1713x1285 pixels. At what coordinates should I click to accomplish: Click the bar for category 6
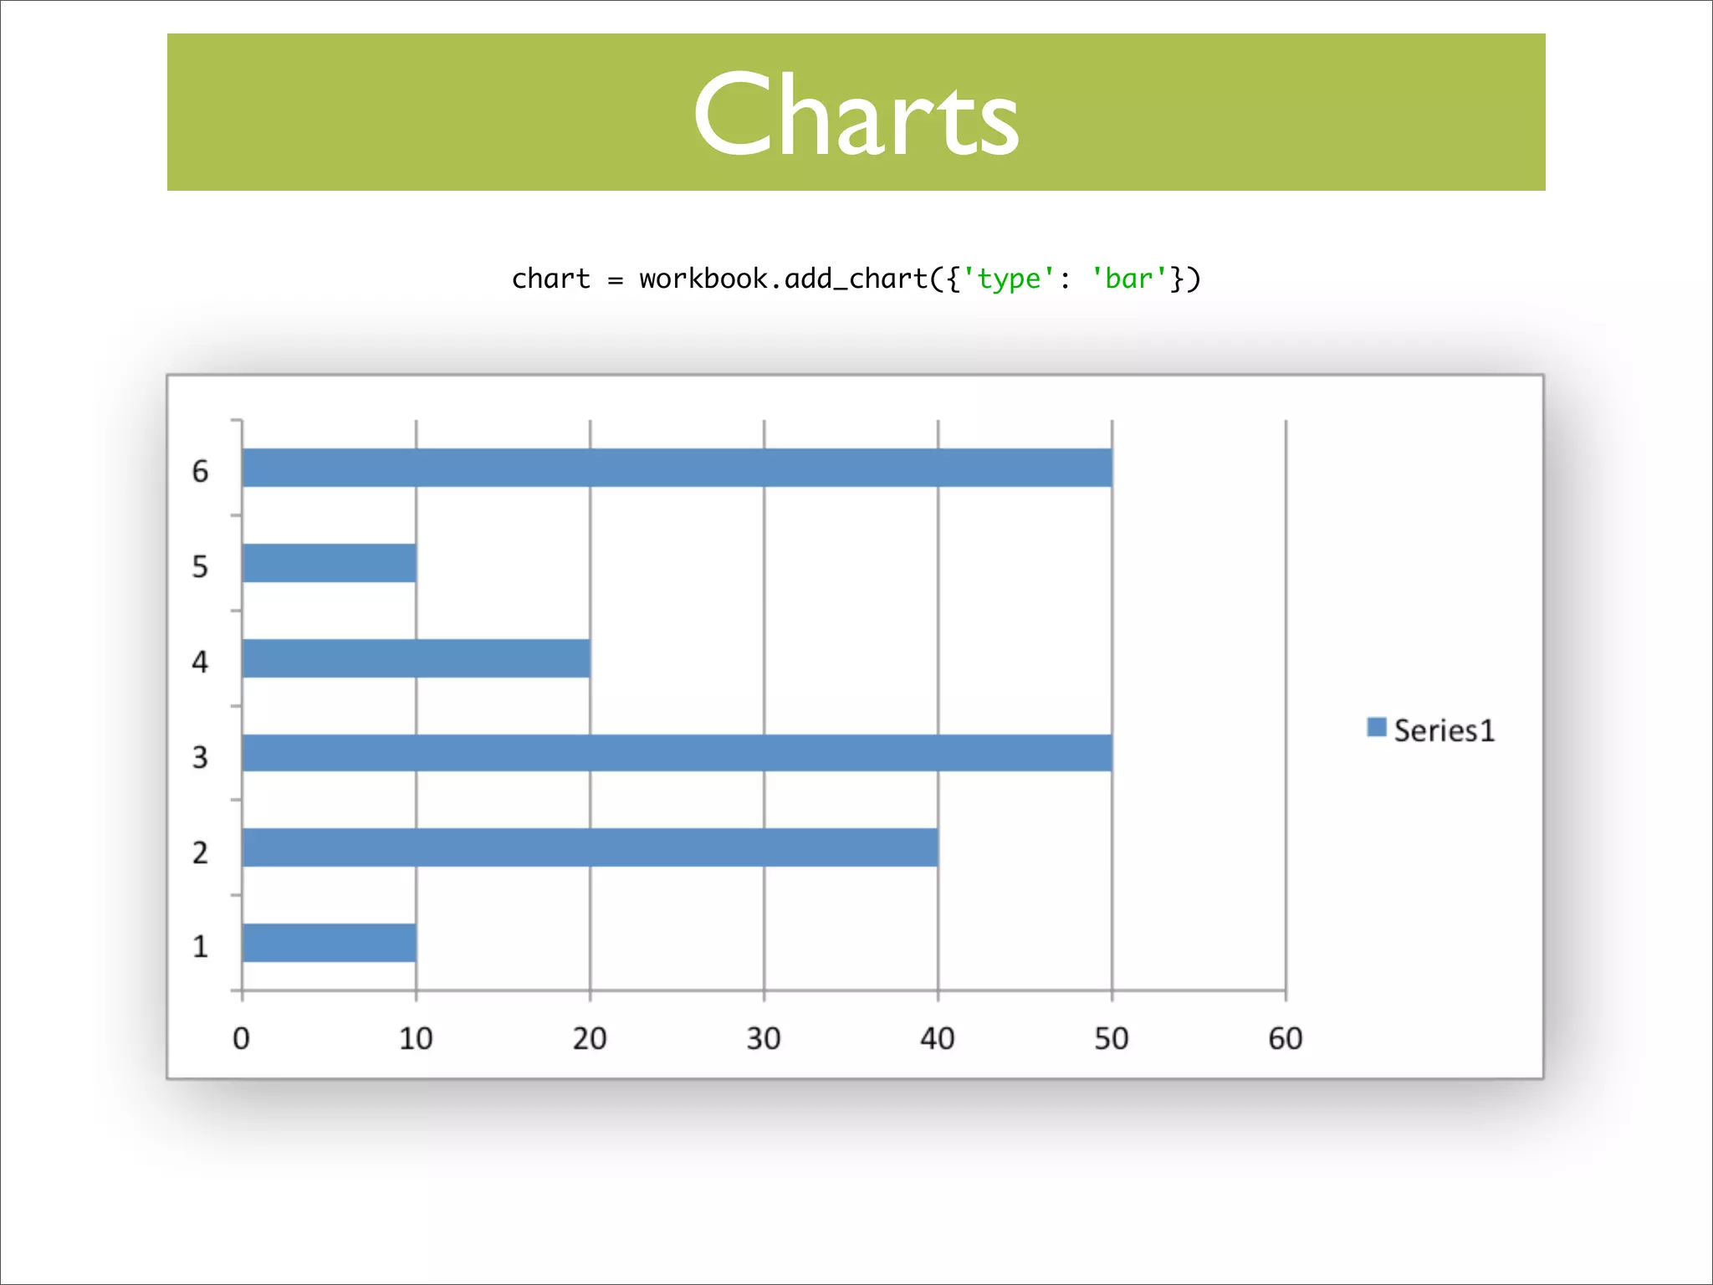[x=677, y=468]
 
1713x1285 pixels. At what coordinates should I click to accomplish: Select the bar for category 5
[x=329, y=563]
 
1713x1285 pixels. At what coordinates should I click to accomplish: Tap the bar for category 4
[x=416, y=658]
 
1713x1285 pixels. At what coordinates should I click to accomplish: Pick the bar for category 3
[x=677, y=753]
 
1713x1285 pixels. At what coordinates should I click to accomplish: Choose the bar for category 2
[x=590, y=847]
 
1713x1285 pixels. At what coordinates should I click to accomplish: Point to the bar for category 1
[x=329, y=943]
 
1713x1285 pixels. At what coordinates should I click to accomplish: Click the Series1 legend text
[x=1444, y=731]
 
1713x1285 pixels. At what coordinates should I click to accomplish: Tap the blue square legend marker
[x=1376, y=727]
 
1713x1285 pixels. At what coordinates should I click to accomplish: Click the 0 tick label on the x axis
[x=241, y=1039]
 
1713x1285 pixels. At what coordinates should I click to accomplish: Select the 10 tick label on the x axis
[x=416, y=1039]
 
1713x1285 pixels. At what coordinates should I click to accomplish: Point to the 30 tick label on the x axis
[x=764, y=1039]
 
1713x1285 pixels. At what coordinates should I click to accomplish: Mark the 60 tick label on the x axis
[x=1286, y=1039]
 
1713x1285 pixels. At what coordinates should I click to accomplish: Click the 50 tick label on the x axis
[x=1112, y=1039]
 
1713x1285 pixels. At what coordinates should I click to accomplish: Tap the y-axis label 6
[x=200, y=472]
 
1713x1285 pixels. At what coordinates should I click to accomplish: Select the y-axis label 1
[x=200, y=947]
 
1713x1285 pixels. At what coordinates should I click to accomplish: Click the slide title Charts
[x=856, y=115]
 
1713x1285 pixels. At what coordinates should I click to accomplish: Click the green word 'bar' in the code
[x=1129, y=279]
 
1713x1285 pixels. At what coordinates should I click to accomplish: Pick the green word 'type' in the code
[x=1009, y=279]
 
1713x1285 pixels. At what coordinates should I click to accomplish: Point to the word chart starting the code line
[x=550, y=279]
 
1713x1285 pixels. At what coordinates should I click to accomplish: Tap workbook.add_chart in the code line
[x=783, y=279]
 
